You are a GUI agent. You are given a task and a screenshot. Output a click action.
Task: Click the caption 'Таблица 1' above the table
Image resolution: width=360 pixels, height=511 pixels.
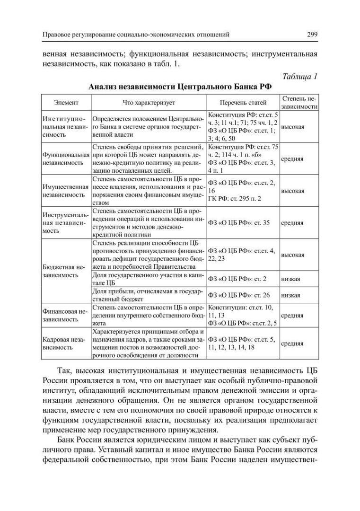click(299, 77)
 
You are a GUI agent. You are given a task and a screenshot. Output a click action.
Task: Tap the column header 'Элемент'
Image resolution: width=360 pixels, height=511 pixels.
click(66, 102)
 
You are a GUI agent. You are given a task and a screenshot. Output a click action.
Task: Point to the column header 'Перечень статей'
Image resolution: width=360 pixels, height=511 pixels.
click(243, 102)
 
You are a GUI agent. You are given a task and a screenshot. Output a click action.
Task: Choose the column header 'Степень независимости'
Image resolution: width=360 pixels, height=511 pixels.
click(299, 102)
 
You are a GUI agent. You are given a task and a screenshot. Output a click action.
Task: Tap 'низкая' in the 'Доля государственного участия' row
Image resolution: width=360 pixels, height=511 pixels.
click(290, 279)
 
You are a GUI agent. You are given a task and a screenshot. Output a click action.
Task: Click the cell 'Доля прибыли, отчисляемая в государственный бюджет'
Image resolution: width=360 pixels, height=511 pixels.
click(148, 295)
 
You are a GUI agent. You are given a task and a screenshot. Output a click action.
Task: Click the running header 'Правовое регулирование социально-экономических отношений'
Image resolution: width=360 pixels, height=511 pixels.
click(136, 34)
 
